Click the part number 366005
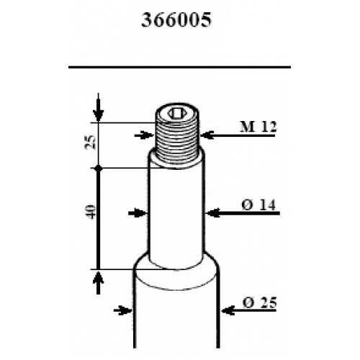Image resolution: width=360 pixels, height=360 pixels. click(176, 20)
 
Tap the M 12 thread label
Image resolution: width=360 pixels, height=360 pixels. click(258, 127)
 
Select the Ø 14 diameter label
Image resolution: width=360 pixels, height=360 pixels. click(258, 205)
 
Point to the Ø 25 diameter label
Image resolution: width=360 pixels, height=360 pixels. click(260, 302)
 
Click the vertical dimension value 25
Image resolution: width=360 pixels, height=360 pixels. click(91, 143)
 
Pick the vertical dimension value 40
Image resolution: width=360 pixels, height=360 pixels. click(91, 212)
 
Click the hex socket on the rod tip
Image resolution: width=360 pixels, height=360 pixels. click(177, 113)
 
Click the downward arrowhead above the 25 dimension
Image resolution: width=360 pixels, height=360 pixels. click(99, 114)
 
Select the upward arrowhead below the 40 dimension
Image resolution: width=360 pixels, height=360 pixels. click(99, 276)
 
